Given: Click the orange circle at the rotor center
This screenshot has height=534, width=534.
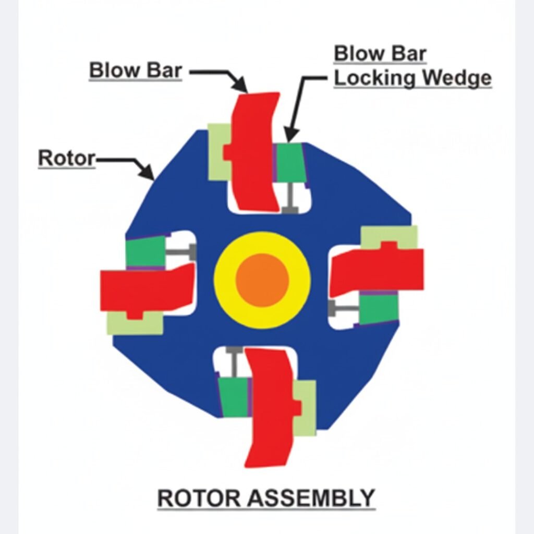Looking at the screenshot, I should pos(262,280).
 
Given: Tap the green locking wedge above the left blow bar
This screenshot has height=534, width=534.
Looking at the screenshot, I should pos(145,252).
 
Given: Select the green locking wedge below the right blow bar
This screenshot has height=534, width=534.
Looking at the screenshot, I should pos(379,308).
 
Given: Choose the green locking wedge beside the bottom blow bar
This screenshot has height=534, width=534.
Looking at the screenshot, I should pos(233,396).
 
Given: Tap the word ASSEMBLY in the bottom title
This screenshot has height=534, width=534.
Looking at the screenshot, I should pos(312,498).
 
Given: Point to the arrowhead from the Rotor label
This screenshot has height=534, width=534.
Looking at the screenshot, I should pos(148,174).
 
